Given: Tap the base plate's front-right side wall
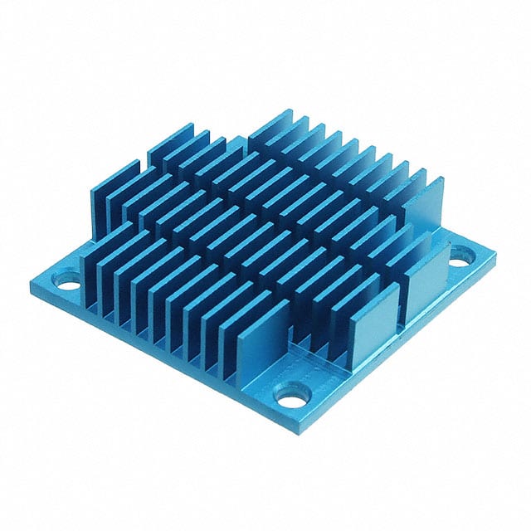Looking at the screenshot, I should (x=398, y=348).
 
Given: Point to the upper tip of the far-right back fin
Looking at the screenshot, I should (x=441, y=179).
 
